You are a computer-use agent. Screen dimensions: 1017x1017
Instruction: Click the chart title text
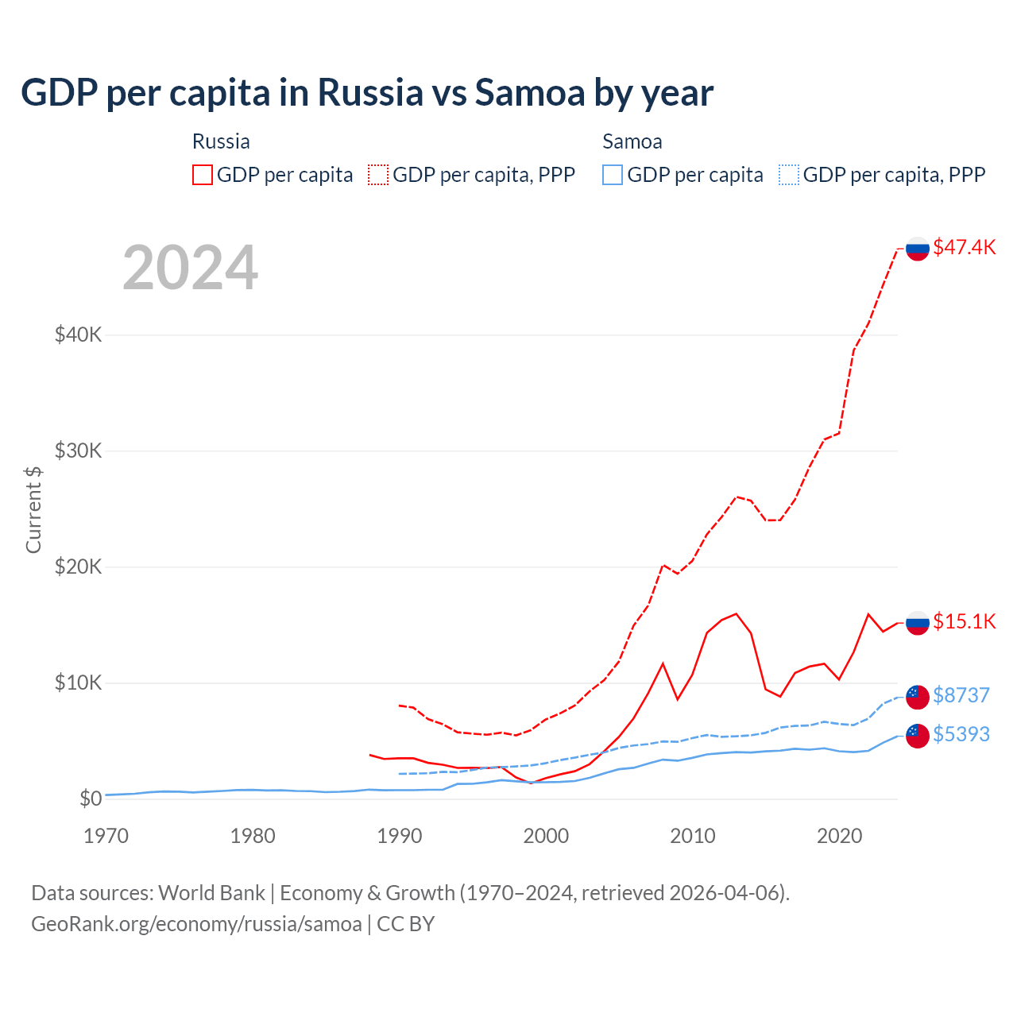(x=367, y=93)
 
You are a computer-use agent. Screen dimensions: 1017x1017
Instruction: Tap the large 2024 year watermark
(x=190, y=268)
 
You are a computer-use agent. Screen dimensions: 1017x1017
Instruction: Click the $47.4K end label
(x=964, y=247)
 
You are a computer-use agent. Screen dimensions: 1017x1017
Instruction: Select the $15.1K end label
(x=964, y=621)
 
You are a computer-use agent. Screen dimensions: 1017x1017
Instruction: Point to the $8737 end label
(x=961, y=695)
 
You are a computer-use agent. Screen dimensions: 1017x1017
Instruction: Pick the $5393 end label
(x=961, y=734)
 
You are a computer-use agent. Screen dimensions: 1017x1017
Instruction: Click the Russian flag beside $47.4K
(x=918, y=249)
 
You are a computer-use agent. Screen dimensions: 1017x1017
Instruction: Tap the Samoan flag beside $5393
(x=918, y=736)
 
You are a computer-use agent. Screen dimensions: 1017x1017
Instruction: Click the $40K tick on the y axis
(x=79, y=334)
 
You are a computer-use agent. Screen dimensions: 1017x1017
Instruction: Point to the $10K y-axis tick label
(x=79, y=683)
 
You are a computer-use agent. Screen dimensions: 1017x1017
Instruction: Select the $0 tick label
(x=91, y=799)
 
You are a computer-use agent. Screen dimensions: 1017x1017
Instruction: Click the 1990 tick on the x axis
(x=399, y=836)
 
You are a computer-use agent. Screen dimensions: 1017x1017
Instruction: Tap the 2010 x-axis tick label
(x=693, y=836)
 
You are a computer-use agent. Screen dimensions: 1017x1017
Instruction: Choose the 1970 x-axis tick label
(x=106, y=836)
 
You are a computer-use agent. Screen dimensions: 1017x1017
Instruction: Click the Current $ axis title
(x=33, y=509)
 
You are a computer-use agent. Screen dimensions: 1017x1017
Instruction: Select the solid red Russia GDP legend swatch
(x=203, y=175)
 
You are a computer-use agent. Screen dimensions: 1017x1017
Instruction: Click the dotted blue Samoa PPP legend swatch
(x=789, y=175)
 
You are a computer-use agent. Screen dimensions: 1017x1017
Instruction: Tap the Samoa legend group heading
(x=632, y=141)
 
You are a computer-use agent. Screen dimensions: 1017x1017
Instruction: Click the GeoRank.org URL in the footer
(x=196, y=924)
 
